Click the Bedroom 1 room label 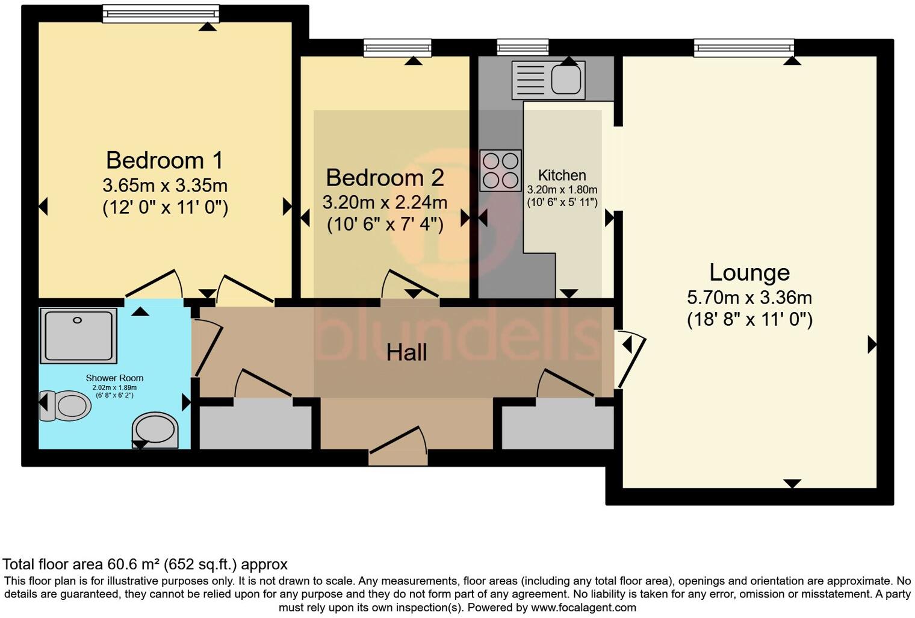click(x=164, y=160)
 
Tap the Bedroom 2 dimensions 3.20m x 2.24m click(x=385, y=202)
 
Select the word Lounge click(x=749, y=272)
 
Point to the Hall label click(x=406, y=352)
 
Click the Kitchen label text click(x=562, y=175)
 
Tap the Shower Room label click(x=114, y=378)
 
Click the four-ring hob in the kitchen click(x=500, y=170)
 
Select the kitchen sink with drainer click(x=548, y=80)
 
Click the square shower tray click(x=78, y=336)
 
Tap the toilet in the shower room click(x=66, y=406)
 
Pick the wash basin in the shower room click(x=155, y=430)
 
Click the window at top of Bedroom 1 click(x=160, y=13)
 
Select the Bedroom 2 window click(x=397, y=48)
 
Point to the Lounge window click(x=743, y=48)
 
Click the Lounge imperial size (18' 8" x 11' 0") click(x=749, y=319)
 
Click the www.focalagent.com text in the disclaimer click(x=583, y=607)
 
